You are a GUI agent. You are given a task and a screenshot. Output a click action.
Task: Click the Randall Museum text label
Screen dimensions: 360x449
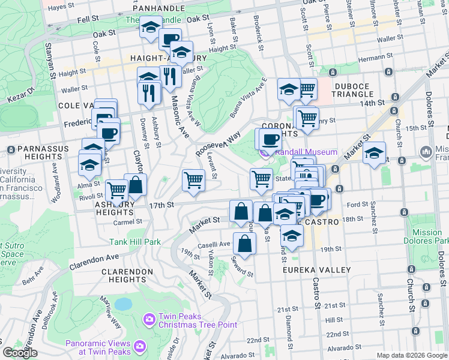click(306, 152)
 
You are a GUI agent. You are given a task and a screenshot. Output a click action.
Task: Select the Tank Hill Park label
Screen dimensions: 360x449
click(135, 242)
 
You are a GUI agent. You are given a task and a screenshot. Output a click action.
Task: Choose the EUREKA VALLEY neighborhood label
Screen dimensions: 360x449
click(316, 270)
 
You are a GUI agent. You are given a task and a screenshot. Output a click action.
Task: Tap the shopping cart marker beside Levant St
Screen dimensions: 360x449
click(193, 180)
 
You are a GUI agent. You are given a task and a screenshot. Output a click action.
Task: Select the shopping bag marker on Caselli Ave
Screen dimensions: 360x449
click(244, 243)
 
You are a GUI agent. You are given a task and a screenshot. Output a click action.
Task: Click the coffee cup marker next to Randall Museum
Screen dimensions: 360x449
click(270, 139)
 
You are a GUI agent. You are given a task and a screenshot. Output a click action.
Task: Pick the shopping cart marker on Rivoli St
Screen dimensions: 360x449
click(116, 191)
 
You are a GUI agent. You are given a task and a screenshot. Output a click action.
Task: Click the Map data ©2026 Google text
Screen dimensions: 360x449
click(412, 355)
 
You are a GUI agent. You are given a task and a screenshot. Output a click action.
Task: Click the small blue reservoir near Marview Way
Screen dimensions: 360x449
click(123, 304)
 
